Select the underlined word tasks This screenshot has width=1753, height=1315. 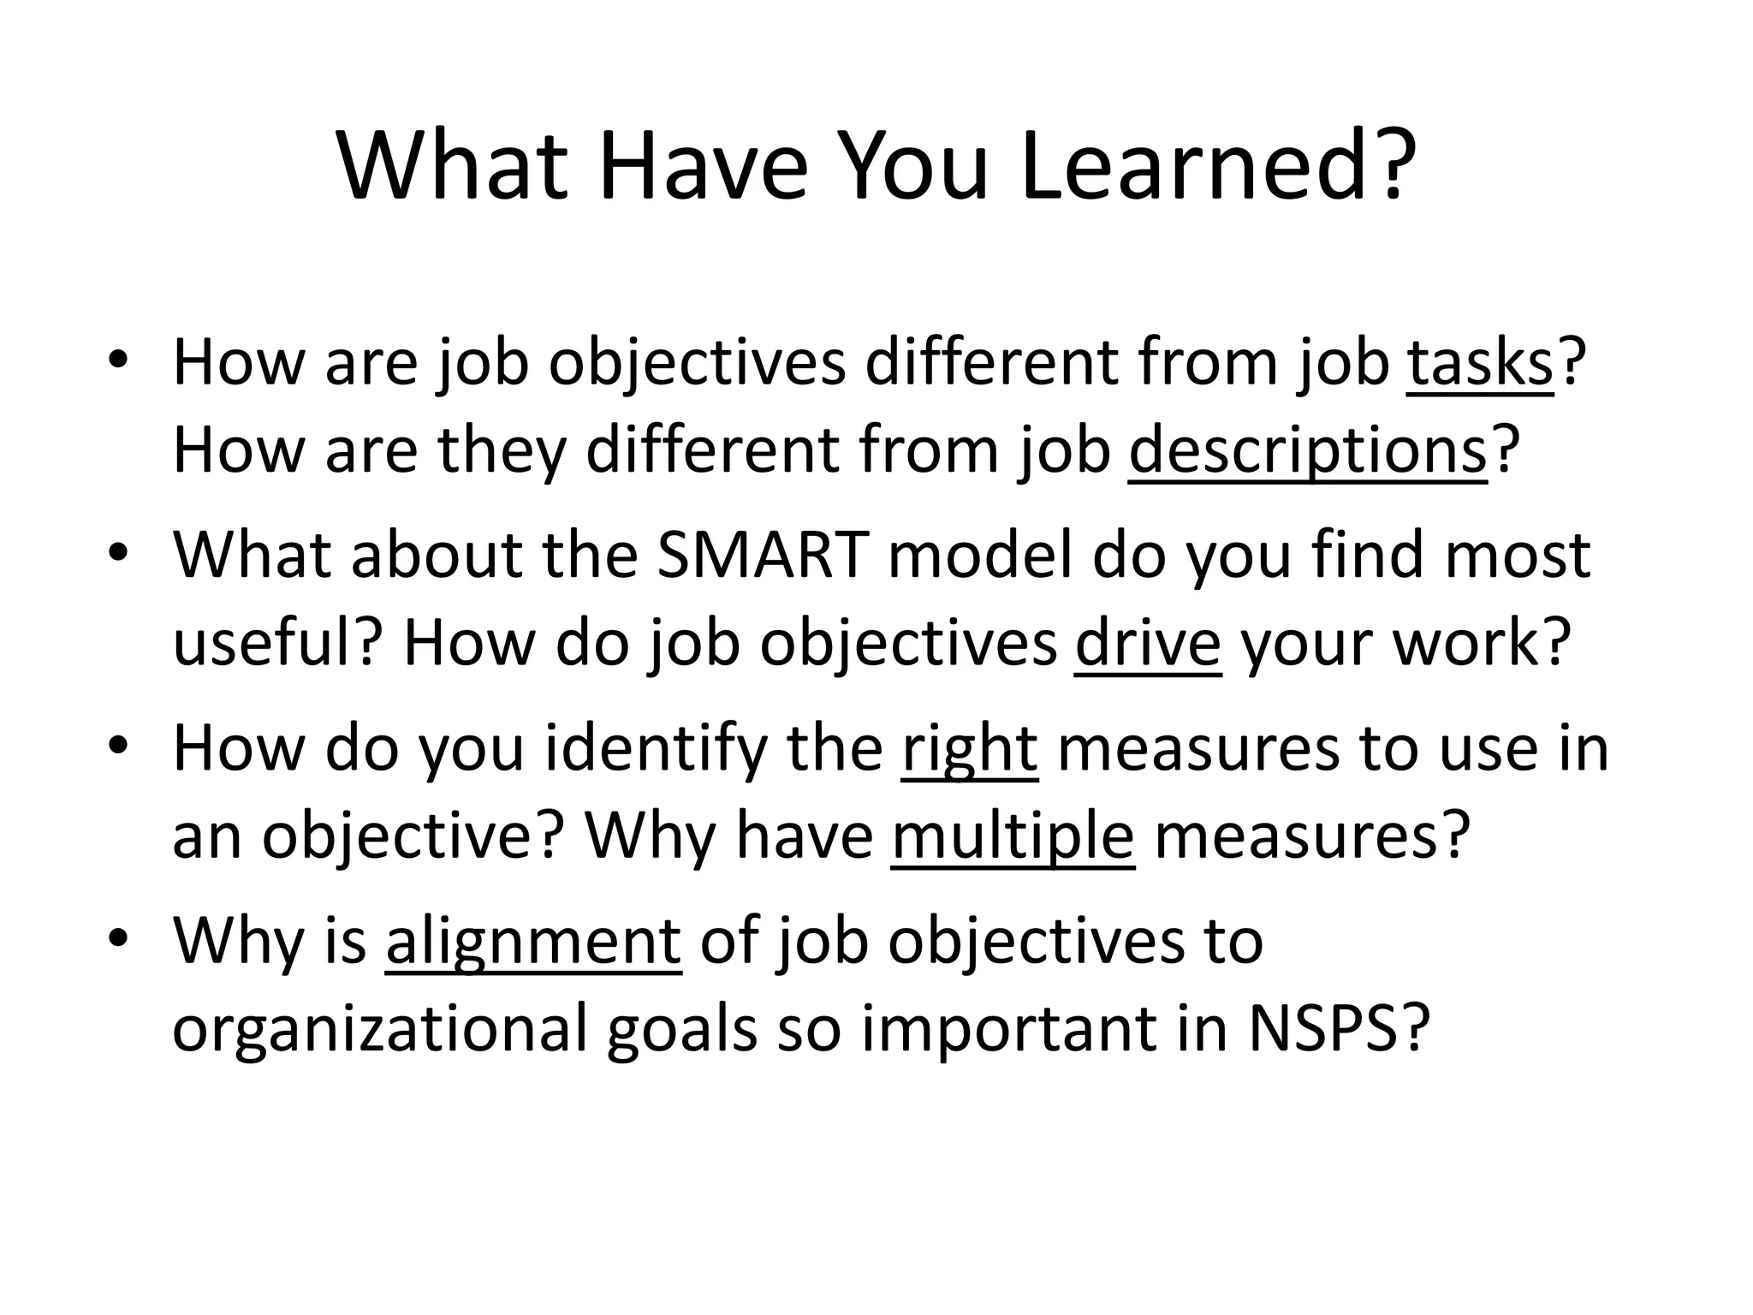pos(1479,364)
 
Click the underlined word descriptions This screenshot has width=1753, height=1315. pos(1307,451)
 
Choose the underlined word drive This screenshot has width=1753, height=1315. pos(1148,643)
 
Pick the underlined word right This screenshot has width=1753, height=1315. pos(969,749)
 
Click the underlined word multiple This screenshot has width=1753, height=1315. pos(1013,836)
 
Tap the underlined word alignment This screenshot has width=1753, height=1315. pos(533,942)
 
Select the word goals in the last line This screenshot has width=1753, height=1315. pos(682,1029)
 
